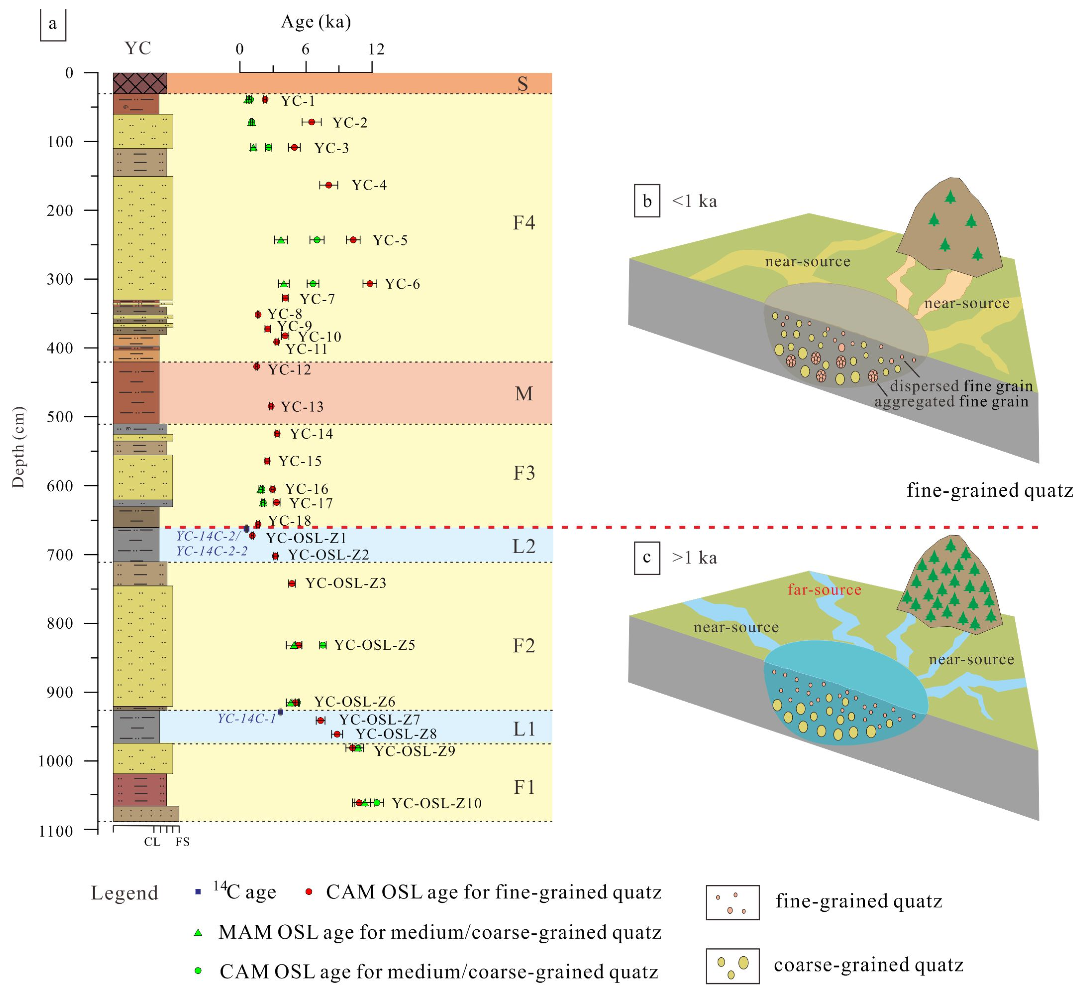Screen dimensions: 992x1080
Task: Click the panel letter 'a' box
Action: [52, 24]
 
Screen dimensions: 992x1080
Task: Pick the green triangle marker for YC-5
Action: [281, 240]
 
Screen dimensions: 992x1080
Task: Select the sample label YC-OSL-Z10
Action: [436, 803]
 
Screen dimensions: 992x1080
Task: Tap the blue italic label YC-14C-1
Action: [246, 718]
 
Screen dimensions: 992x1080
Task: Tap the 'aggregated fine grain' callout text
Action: [951, 401]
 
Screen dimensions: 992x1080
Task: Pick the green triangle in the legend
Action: [198, 932]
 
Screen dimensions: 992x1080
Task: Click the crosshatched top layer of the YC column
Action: [140, 83]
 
